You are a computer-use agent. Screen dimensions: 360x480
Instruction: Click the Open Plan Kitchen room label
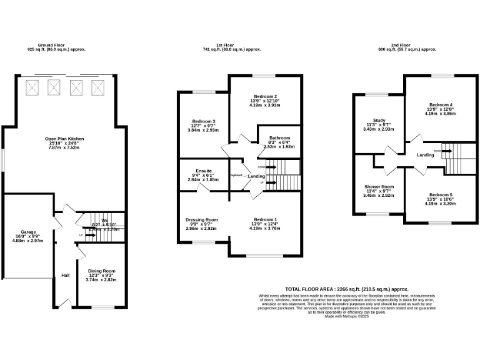click(64, 139)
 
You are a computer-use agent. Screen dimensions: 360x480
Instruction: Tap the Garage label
click(28, 232)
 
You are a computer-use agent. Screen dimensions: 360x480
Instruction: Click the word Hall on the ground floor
click(65, 276)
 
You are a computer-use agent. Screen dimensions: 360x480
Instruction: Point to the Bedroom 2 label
click(266, 96)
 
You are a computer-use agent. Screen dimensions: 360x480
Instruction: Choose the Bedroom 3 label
click(204, 121)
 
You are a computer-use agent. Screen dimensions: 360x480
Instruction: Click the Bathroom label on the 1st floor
click(279, 137)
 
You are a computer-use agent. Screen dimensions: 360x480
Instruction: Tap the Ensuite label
click(204, 171)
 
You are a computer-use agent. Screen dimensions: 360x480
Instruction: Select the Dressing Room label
click(201, 219)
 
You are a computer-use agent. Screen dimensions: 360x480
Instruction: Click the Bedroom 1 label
click(266, 219)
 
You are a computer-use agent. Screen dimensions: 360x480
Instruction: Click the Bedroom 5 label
click(441, 194)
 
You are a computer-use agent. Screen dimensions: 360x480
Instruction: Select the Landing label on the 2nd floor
click(426, 155)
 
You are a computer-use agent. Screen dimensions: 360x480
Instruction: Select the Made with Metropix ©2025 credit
click(347, 316)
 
